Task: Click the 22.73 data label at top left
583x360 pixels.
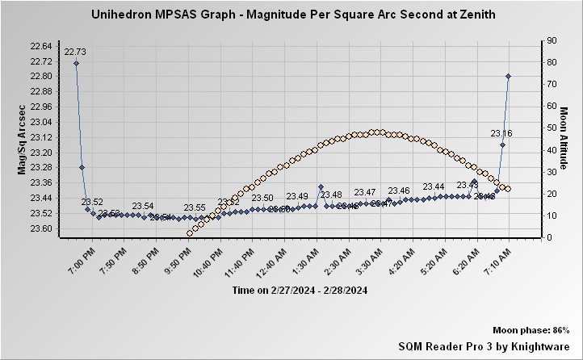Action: (x=75, y=52)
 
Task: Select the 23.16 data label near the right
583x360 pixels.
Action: (x=501, y=133)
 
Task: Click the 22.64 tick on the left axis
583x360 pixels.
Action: (x=41, y=46)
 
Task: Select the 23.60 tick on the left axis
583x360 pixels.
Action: (x=41, y=228)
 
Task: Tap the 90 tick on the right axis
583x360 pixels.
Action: (x=551, y=40)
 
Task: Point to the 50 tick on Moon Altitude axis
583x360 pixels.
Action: (x=551, y=128)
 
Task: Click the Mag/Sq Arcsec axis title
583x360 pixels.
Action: (x=22, y=139)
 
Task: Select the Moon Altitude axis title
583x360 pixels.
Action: (x=565, y=139)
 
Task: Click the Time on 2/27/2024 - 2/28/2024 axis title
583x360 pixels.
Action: (x=300, y=290)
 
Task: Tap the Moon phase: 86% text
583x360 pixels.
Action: (x=531, y=331)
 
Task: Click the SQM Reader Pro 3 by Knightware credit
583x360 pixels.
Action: (x=484, y=345)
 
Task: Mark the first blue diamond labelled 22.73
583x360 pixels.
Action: (x=76, y=63)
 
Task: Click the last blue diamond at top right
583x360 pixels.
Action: (x=508, y=76)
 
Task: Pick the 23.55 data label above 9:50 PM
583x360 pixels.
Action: (x=195, y=207)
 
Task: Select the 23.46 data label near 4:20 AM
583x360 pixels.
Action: (x=399, y=191)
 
